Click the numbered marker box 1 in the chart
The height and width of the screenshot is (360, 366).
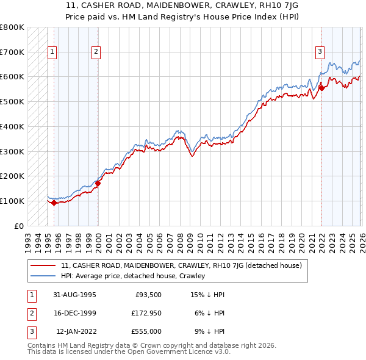[x=52, y=52]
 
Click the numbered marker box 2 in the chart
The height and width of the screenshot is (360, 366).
[x=96, y=52]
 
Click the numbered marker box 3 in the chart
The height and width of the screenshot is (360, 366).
[x=319, y=52]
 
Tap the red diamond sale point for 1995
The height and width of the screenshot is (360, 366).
[x=54, y=203]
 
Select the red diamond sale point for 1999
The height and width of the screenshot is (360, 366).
[x=98, y=182]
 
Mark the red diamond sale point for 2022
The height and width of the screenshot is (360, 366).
[x=321, y=88]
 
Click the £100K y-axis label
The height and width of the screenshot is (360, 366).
[x=12, y=201]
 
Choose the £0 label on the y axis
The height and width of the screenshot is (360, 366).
[x=18, y=226]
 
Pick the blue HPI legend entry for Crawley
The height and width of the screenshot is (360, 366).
[x=132, y=276]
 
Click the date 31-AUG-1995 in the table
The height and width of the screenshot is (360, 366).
[x=74, y=295]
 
